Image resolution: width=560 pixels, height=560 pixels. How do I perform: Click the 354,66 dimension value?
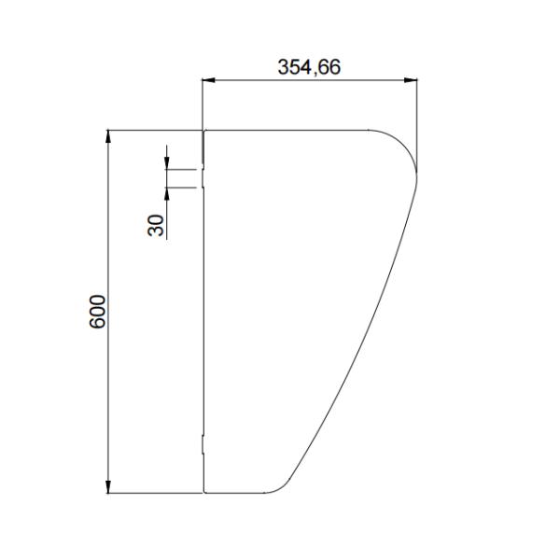(309, 67)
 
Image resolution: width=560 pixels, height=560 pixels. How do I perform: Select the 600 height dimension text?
(98, 311)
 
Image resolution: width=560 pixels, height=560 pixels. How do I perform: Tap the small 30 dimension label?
(156, 224)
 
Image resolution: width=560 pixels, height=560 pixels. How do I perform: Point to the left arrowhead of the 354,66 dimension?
(209, 81)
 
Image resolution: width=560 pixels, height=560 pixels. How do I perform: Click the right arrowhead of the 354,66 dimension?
(412, 81)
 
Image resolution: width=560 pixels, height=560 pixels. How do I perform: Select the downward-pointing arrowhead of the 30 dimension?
(166, 163)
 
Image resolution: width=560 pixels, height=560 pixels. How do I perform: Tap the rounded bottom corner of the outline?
(280, 485)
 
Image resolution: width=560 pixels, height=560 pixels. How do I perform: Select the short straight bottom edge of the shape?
(233, 491)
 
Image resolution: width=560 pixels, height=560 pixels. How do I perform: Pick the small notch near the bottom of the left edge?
(203, 443)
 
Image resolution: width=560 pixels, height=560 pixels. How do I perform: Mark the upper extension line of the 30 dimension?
(181, 169)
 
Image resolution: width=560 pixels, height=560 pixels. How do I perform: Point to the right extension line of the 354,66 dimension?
(417, 121)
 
